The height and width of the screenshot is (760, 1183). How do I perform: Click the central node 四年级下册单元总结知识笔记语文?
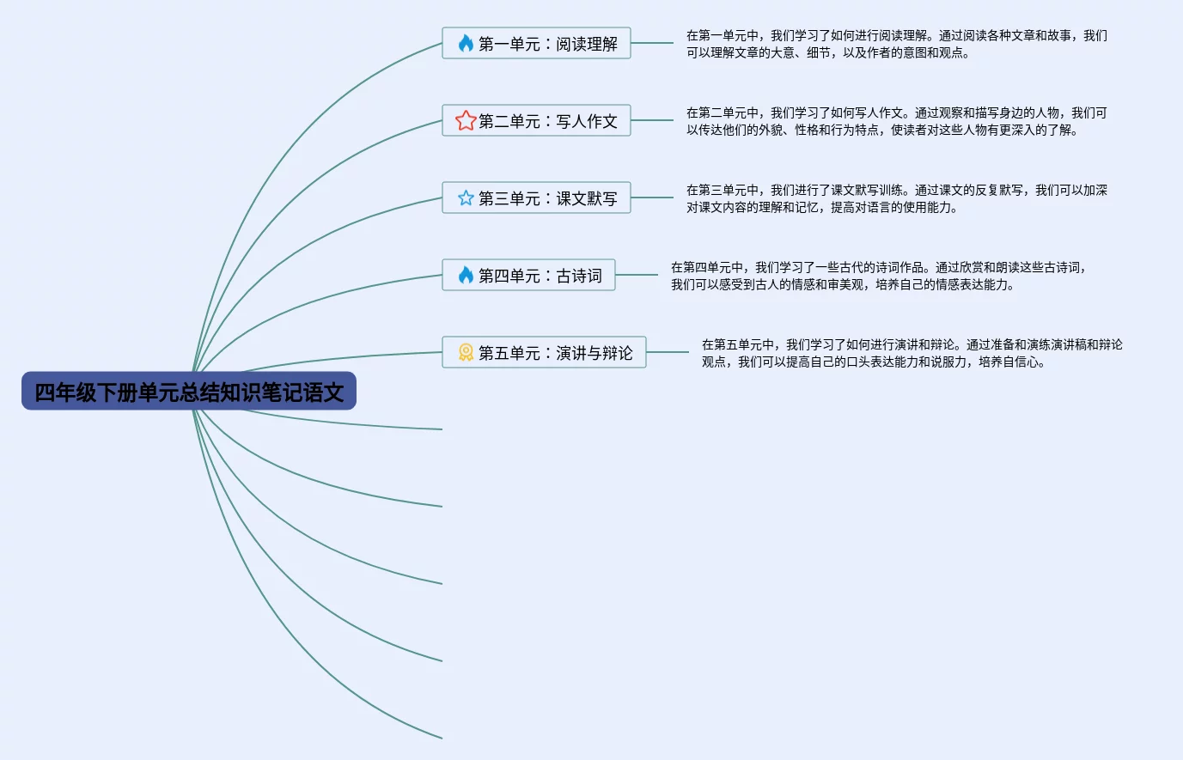[189, 392]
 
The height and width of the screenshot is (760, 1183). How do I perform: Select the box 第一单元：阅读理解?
[536, 43]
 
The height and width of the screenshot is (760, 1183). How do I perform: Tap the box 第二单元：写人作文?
[536, 120]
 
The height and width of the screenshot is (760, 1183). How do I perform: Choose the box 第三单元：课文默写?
[536, 198]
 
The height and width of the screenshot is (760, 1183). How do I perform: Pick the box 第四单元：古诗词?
[528, 275]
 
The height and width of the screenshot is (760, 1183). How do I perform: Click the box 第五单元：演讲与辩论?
[544, 352]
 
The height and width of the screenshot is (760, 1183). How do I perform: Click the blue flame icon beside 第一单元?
[466, 43]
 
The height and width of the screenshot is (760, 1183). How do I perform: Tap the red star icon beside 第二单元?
[466, 120]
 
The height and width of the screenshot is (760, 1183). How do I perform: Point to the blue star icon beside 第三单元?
[466, 198]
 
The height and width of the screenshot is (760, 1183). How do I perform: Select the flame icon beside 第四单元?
[466, 275]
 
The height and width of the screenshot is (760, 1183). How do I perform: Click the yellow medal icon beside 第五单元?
[466, 352]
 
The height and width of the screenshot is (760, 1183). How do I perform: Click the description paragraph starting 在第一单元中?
[896, 44]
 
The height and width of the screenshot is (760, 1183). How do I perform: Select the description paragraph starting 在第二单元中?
[896, 121]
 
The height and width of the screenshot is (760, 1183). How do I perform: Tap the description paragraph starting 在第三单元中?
[896, 198]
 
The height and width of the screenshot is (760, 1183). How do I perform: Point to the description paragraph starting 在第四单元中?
[878, 276]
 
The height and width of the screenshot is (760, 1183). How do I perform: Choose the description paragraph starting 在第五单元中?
[912, 353]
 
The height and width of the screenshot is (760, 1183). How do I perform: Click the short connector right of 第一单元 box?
[652, 43]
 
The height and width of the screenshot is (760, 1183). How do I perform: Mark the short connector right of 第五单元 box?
[668, 352]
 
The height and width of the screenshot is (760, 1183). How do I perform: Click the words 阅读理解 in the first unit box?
[587, 44]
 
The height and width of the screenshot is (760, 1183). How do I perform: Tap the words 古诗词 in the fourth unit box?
[579, 276]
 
